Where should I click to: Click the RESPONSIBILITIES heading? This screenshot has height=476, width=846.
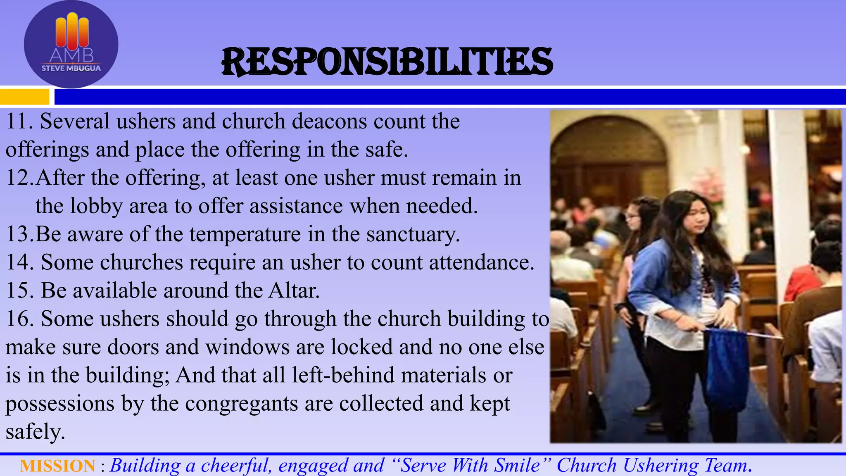click(387, 62)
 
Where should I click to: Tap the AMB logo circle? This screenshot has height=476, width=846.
click(71, 44)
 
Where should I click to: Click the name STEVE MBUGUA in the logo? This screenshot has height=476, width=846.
click(71, 68)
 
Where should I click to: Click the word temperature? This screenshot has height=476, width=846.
click(245, 235)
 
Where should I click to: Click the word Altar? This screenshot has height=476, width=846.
click(294, 290)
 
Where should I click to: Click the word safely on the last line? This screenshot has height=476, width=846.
click(35, 432)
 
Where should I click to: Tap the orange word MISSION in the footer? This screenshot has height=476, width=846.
click(57, 466)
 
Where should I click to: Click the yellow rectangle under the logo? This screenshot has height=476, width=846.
click(24, 97)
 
